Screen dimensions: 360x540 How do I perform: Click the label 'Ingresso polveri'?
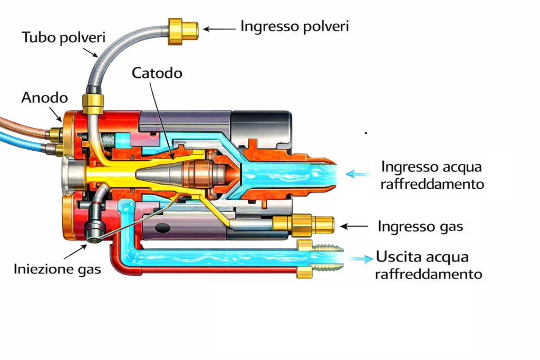coord(294,26)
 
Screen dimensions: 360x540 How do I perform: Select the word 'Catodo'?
coord(157,73)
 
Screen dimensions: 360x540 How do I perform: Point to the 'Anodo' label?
coord(44,98)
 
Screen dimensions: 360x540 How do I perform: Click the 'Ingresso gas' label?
coord(420,227)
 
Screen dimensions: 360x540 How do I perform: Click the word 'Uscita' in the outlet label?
coord(396,258)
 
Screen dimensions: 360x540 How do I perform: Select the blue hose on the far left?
coord(21,141)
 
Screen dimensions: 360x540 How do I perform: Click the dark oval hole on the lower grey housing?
coord(163,228)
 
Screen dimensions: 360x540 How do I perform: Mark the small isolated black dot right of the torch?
coord(366,133)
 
